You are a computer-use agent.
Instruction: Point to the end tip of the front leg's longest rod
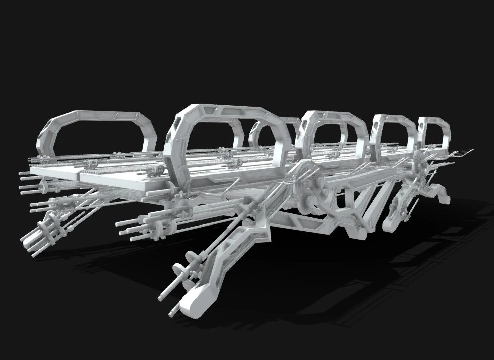(160, 297)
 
